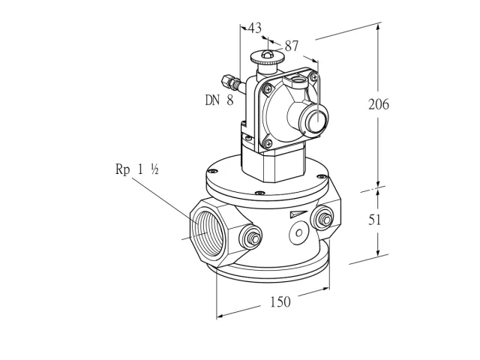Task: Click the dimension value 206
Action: (x=378, y=104)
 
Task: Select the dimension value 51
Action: (x=375, y=220)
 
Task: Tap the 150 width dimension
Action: (x=280, y=301)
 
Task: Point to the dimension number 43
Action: (x=255, y=28)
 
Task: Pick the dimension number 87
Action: (x=292, y=46)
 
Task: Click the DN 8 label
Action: (x=219, y=100)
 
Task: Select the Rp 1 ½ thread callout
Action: (x=136, y=169)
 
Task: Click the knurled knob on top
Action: (x=267, y=57)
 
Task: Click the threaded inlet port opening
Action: (x=207, y=233)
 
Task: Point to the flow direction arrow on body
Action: (x=298, y=214)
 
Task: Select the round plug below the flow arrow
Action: (x=298, y=232)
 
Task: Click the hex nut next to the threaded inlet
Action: (x=253, y=238)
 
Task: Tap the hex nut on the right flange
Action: (x=325, y=220)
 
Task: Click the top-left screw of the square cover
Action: (x=268, y=89)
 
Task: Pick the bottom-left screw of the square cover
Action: (x=268, y=142)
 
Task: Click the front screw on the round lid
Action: (x=260, y=193)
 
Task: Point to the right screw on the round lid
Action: (x=322, y=176)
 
